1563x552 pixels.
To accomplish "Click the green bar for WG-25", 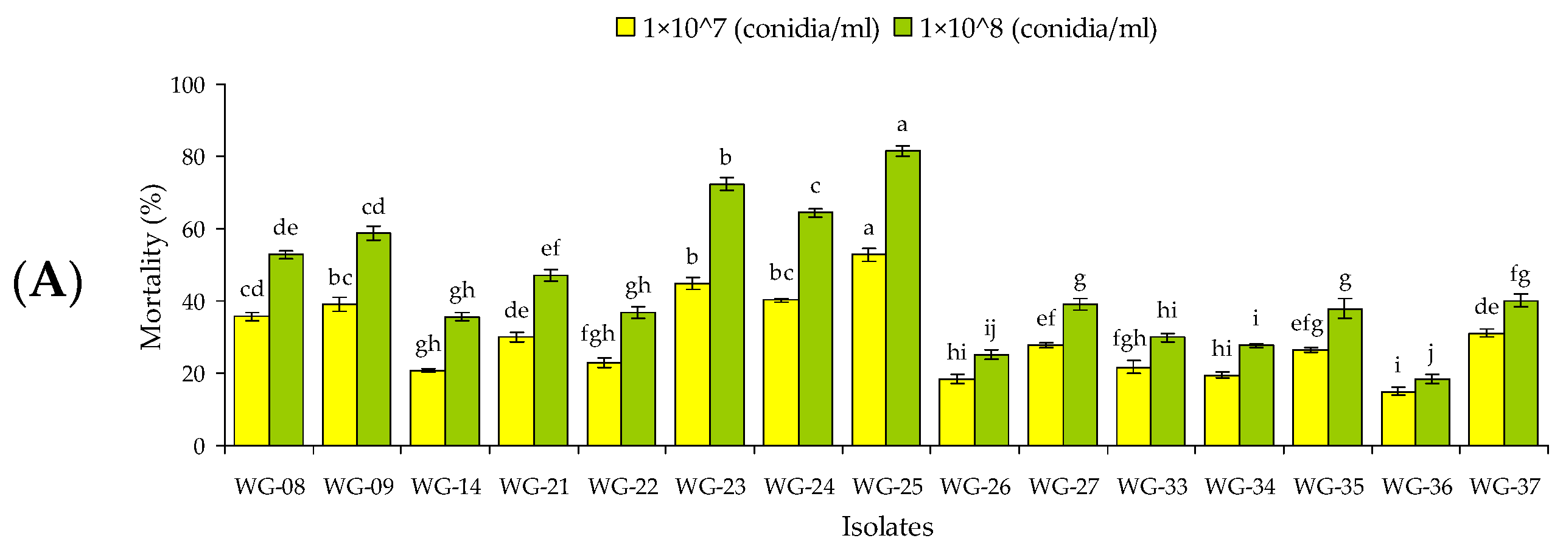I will point(903,299).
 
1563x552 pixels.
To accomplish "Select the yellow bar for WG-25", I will point(869,350).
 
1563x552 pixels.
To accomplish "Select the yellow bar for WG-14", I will point(427,408).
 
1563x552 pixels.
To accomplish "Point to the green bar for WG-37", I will point(1520,373).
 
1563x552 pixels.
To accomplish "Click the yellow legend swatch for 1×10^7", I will point(625,27).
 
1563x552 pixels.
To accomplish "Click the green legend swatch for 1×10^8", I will point(903,27).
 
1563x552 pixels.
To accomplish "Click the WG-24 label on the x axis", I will point(799,487).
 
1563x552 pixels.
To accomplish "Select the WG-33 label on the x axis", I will point(1152,487).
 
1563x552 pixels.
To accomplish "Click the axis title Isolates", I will point(887,527).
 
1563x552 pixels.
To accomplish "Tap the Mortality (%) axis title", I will point(152,267).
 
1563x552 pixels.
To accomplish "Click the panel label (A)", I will point(47,281).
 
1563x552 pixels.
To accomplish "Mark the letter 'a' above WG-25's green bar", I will point(902,126).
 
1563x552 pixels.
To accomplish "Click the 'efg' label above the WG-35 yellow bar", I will point(1307,324).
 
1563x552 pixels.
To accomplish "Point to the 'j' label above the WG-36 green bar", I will point(1431,353).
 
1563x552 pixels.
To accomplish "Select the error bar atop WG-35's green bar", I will point(1344,308).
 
